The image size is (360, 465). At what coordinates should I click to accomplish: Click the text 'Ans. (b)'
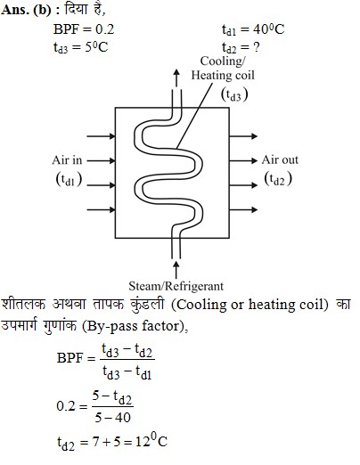coord(26,10)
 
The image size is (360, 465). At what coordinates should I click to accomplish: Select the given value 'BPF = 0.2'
coord(84,29)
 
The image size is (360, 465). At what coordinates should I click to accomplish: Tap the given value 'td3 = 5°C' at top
coord(80,47)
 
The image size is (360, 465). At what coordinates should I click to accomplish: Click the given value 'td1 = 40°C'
coord(253,29)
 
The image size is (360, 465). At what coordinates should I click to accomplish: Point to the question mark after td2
coord(257,47)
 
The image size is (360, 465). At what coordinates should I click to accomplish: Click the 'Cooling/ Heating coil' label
coord(223,68)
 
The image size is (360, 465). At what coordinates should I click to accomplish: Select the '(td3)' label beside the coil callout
coord(234,94)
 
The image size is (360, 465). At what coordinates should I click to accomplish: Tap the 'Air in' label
coord(67,160)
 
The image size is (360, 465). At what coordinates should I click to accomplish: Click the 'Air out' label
coord(280,159)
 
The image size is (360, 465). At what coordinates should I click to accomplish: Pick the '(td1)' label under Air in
coord(69,179)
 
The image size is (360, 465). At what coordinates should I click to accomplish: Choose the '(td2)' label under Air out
coord(278,179)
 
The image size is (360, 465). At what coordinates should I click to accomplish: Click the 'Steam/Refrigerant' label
coord(176,286)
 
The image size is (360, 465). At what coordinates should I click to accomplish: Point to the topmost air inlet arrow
coord(101,136)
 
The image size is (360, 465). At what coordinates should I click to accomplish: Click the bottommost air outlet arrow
coord(243,209)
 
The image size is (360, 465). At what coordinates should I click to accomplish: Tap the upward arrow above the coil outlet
coord(176,78)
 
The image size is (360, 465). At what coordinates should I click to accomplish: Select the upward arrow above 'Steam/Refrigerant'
coord(176,269)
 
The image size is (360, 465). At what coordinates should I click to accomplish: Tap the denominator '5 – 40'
coord(112,418)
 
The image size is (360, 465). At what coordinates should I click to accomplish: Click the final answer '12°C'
coord(151,441)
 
